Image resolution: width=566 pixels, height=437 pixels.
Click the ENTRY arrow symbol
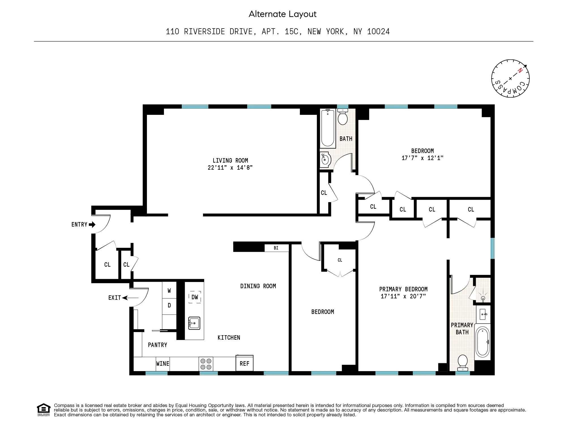[92, 225]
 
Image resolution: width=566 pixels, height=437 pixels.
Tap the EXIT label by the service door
[114, 298]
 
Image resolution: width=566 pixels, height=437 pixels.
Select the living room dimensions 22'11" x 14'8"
[230, 168]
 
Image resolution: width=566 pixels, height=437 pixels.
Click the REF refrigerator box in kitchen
[244, 363]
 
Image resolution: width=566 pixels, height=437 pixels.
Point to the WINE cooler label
[163, 364]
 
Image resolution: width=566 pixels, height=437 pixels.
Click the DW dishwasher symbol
[195, 297]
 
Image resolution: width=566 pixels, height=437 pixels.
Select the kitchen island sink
[194, 323]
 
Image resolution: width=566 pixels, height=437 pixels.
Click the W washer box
[169, 290]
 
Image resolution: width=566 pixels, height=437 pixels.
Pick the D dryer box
[169, 305]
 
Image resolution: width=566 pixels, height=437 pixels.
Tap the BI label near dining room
[276, 248]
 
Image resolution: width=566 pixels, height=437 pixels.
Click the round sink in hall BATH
[325, 160]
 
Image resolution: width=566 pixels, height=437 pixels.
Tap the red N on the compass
[520, 71]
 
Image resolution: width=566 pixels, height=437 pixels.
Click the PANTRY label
[157, 345]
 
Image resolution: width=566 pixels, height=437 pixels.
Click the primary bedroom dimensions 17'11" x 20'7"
[403, 296]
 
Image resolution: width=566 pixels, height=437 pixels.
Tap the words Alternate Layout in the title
[283, 14]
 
